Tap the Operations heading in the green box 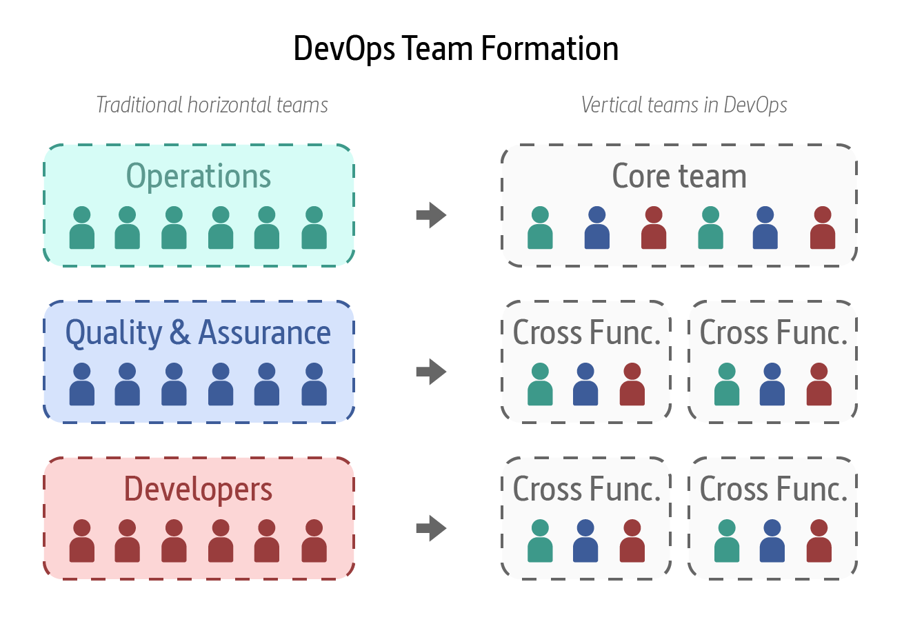click(199, 177)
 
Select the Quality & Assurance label click(198, 333)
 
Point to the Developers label click(199, 490)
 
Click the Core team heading click(679, 177)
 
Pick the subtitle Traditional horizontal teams click(212, 105)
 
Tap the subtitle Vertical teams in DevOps click(684, 105)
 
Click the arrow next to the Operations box click(432, 215)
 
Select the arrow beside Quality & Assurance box click(432, 372)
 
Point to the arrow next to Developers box click(432, 528)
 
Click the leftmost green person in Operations click(82, 228)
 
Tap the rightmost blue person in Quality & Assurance click(314, 385)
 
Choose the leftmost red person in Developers click(82, 541)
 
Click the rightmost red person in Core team click(823, 228)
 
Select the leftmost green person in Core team click(540, 228)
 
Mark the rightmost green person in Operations click(314, 228)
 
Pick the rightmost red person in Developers click(314, 541)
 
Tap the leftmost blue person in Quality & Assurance click(82, 385)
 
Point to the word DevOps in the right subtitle click(756, 105)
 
